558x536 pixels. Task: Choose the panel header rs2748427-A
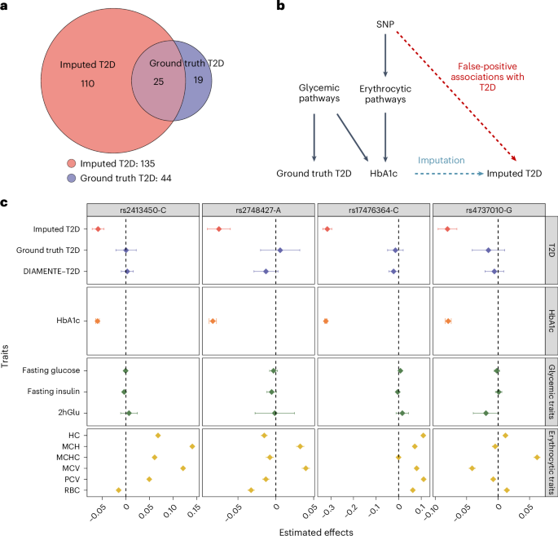[x=257, y=210]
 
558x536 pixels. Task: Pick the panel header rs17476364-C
[x=373, y=210]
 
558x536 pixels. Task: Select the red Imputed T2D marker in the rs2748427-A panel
[x=219, y=228]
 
